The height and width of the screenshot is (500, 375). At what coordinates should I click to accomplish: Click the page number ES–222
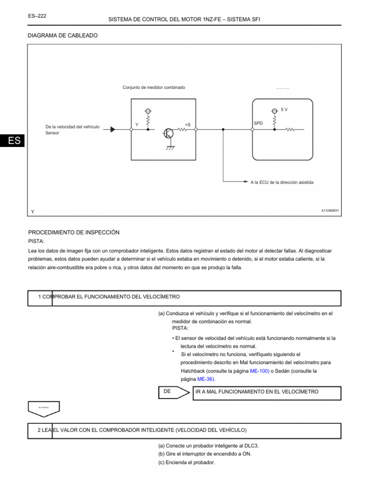pyautogui.click(x=38, y=16)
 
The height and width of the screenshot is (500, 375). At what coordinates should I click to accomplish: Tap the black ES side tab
pyautogui.click(x=15, y=141)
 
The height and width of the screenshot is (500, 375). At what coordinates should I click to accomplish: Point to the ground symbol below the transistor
pyautogui.click(x=170, y=147)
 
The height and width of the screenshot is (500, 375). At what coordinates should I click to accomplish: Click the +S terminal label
pyautogui.click(x=187, y=125)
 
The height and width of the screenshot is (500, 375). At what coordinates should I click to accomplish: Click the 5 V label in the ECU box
pyautogui.click(x=284, y=110)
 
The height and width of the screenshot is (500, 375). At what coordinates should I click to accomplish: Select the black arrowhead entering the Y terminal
pyautogui.click(x=113, y=129)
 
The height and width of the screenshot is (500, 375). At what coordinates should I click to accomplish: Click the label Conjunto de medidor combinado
pyautogui.click(x=154, y=87)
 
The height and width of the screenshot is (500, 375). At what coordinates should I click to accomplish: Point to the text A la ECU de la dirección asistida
pyautogui.click(x=282, y=182)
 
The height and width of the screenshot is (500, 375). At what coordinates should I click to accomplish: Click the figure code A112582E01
pyautogui.click(x=330, y=210)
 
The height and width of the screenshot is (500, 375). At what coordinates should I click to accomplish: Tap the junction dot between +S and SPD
pyautogui.click(x=223, y=130)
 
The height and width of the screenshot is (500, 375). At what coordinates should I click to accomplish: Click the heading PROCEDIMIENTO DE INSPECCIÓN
pyautogui.click(x=74, y=232)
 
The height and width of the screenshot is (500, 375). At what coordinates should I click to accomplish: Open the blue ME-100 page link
pyautogui.click(x=259, y=371)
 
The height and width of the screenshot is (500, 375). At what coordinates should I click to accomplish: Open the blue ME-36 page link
pyautogui.click(x=206, y=379)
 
